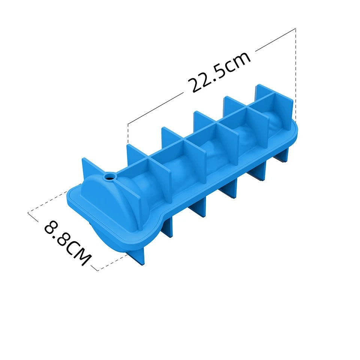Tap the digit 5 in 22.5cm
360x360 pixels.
(222, 71)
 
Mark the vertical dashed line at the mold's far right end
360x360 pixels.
(296, 75)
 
